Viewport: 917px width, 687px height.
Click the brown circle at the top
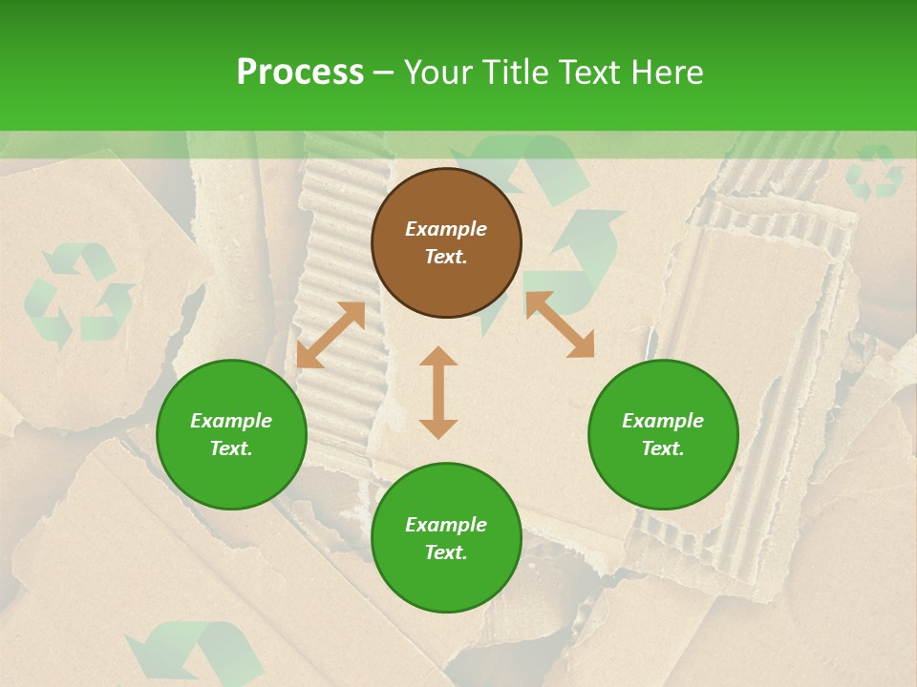446,242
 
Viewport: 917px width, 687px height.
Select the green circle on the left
231,434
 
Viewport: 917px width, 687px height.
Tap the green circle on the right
663,434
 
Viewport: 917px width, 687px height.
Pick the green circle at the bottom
446,538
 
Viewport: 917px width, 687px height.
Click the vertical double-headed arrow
438,392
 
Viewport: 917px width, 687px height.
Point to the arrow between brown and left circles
331,335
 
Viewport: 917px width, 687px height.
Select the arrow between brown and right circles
560,325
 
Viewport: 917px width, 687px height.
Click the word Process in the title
300,73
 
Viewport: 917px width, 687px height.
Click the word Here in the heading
668,73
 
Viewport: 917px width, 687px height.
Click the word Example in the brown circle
446,229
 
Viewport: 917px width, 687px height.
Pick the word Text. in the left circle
231,448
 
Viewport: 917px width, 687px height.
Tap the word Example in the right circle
663,421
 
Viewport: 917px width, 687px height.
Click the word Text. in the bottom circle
446,552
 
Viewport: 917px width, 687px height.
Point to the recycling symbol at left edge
78,296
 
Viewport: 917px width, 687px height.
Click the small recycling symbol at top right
874,172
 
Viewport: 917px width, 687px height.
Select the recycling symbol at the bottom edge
196,654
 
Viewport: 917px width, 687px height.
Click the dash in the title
384,73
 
